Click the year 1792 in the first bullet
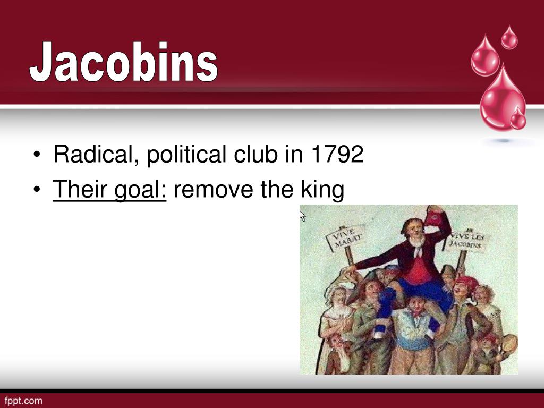338,155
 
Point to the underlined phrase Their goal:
110,190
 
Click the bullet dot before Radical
37,156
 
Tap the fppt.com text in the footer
23,400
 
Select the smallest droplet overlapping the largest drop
517,118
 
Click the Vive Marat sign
346,237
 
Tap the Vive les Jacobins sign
466,240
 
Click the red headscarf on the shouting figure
467,282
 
